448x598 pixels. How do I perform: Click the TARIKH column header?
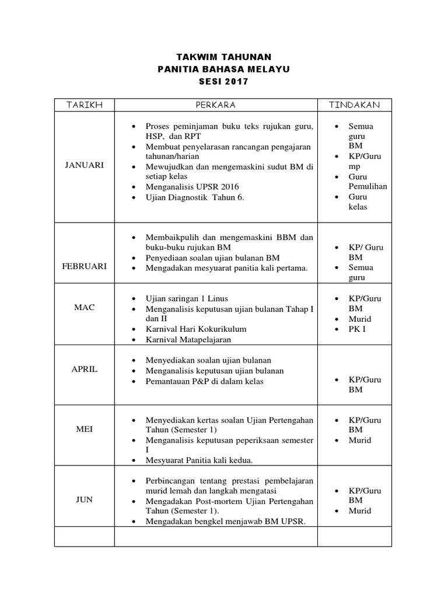85,105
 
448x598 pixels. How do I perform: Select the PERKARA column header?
216,105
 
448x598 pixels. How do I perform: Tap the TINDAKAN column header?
354,105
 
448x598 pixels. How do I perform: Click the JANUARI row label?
85,165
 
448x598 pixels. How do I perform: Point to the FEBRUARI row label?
85,266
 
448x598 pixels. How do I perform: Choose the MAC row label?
85,307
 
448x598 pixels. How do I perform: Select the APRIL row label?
85,369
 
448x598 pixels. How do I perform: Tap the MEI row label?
85,429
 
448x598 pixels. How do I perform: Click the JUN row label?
85,500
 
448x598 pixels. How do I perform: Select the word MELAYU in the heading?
269,69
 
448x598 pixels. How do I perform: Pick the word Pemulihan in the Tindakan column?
367,186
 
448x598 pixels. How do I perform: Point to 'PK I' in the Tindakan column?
357,329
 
